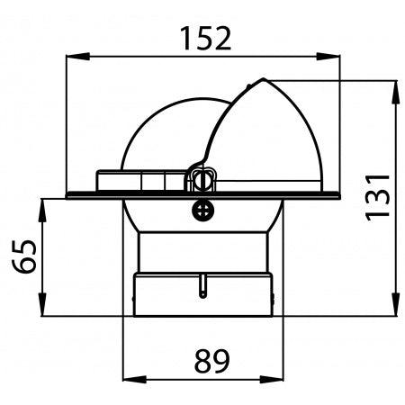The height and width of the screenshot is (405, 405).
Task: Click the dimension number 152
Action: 206,39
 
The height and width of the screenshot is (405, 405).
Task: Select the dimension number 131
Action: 377,197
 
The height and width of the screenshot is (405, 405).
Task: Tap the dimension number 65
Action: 24,256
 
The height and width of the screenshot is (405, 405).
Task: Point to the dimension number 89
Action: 211,360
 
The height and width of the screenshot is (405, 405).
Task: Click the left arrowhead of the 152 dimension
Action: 78,56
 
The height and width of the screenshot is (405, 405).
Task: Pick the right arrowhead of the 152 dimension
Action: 328,56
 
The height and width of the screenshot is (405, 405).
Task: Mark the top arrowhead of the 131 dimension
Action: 396,92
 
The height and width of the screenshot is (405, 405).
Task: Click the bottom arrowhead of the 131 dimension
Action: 396,303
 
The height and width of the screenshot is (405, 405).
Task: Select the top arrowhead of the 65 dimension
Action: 42,211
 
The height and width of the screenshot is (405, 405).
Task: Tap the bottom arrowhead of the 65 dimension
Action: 42,303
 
